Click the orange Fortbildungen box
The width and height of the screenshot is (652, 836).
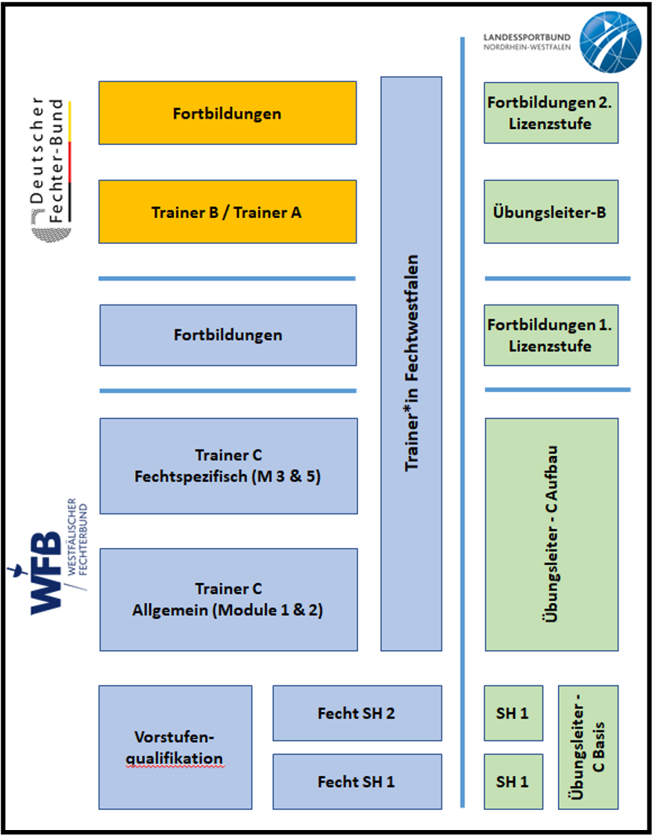click(228, 113)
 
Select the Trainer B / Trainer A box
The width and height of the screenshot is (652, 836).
click(228, 212)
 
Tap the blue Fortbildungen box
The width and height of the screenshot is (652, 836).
click(228, 335)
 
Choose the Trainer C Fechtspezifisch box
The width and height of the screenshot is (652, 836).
click(228, 466)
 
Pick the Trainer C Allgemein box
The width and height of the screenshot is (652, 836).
click(228, 599)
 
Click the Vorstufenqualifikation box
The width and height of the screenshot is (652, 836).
click(175, 747)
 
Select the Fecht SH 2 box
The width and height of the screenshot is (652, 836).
click(357, 713)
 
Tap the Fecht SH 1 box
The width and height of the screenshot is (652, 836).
click(357, 782)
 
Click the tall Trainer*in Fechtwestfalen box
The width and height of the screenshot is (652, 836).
click(411, 364)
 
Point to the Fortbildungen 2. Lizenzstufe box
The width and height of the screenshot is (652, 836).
click(551, 113)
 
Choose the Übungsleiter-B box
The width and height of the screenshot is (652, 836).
click(551, 212)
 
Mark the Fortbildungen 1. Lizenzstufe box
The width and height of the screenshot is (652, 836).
click(551, 335)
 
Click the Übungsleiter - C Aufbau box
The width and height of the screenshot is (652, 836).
click(551, 534)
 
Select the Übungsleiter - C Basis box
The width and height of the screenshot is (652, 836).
click(588, 747)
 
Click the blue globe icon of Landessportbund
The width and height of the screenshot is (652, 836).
click(609, 42)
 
